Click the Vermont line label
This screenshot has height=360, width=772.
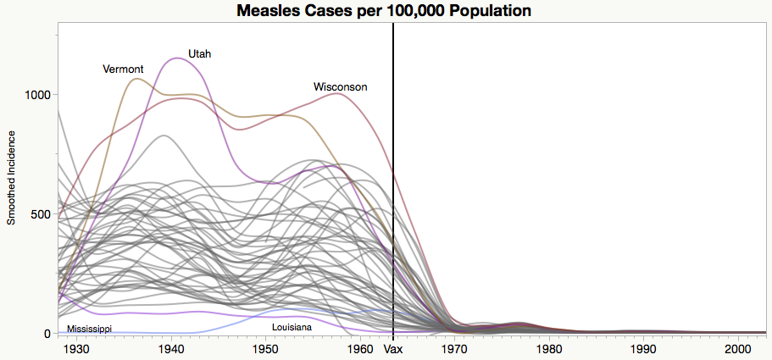point(123,69)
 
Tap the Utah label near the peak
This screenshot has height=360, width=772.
point(200,53)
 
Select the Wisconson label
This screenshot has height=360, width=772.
point(341,87)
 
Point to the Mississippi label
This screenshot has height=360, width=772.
point(89,329)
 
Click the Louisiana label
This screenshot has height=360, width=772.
point(292,327)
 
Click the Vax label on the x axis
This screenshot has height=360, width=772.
point(393,348)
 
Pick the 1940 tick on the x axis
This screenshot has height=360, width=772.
point(171,348)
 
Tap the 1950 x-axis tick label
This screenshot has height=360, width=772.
point(265,348)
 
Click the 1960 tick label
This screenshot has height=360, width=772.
point(359,348)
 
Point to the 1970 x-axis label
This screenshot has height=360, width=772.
point(453,348)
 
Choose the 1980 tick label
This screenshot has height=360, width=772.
point(548,348)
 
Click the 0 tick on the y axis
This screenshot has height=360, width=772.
point(49,334)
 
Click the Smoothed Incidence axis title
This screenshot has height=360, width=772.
point(12,178)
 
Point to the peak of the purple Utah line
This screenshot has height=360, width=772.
point(176,58)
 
